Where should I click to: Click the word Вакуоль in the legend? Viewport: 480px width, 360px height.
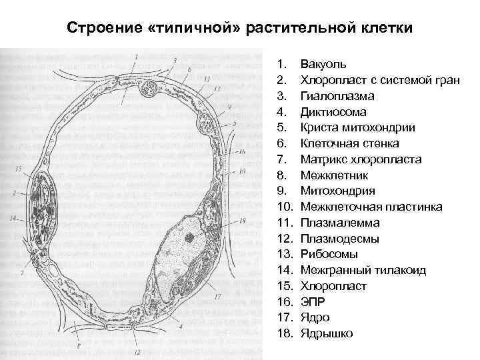(x=323, y=65)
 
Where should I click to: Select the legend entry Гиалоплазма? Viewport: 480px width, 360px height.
(x=334, y=96)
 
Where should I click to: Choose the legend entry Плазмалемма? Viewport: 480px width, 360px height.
(x=340, y=223)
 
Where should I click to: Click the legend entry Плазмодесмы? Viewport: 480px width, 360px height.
(x=340, y=239)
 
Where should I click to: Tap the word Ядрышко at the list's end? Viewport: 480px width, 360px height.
(x=327, y=333)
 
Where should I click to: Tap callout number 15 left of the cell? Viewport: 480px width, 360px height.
(x=18, y=169)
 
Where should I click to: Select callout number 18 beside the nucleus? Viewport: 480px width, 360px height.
(x=242, y=221)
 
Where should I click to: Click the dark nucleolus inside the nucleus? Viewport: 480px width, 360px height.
(x=191, y=237)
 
